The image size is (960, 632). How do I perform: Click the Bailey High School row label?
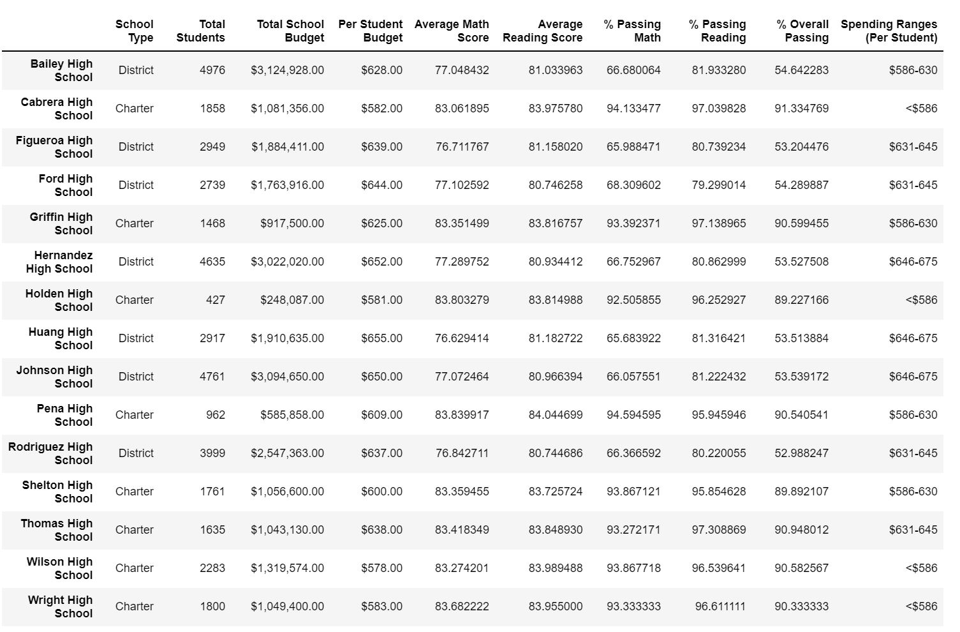click(61, 70)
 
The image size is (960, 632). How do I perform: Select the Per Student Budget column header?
click(370, 31)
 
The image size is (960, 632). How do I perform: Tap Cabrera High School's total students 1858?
click(212, 109)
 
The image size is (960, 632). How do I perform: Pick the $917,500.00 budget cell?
click(292, 223)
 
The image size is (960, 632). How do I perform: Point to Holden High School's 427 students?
click(216, 300)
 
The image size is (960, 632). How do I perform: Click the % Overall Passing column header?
click(802, 31)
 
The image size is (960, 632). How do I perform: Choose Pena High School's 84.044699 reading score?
click(555, 415)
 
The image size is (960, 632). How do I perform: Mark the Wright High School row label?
click(60, 606)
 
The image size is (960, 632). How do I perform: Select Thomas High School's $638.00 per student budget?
click(381, 530)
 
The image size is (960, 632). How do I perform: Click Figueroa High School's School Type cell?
click(136, 147)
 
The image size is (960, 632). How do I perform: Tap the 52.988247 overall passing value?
click(801, 453)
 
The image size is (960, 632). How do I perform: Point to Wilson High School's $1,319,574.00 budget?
click(287, 568)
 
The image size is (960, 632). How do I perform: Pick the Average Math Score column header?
click(452, 31)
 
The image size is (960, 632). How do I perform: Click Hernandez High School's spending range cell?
click(913, 262)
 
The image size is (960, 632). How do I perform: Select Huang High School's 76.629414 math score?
click(462, 338)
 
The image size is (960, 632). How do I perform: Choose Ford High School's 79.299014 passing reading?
click(718, 185)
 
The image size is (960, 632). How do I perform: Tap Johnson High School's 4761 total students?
click(212, 377)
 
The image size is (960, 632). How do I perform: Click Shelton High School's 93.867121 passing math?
click(633, 492)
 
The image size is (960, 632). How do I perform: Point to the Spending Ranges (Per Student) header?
click(889, 31)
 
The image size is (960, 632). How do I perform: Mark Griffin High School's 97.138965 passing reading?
click(718, 223)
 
